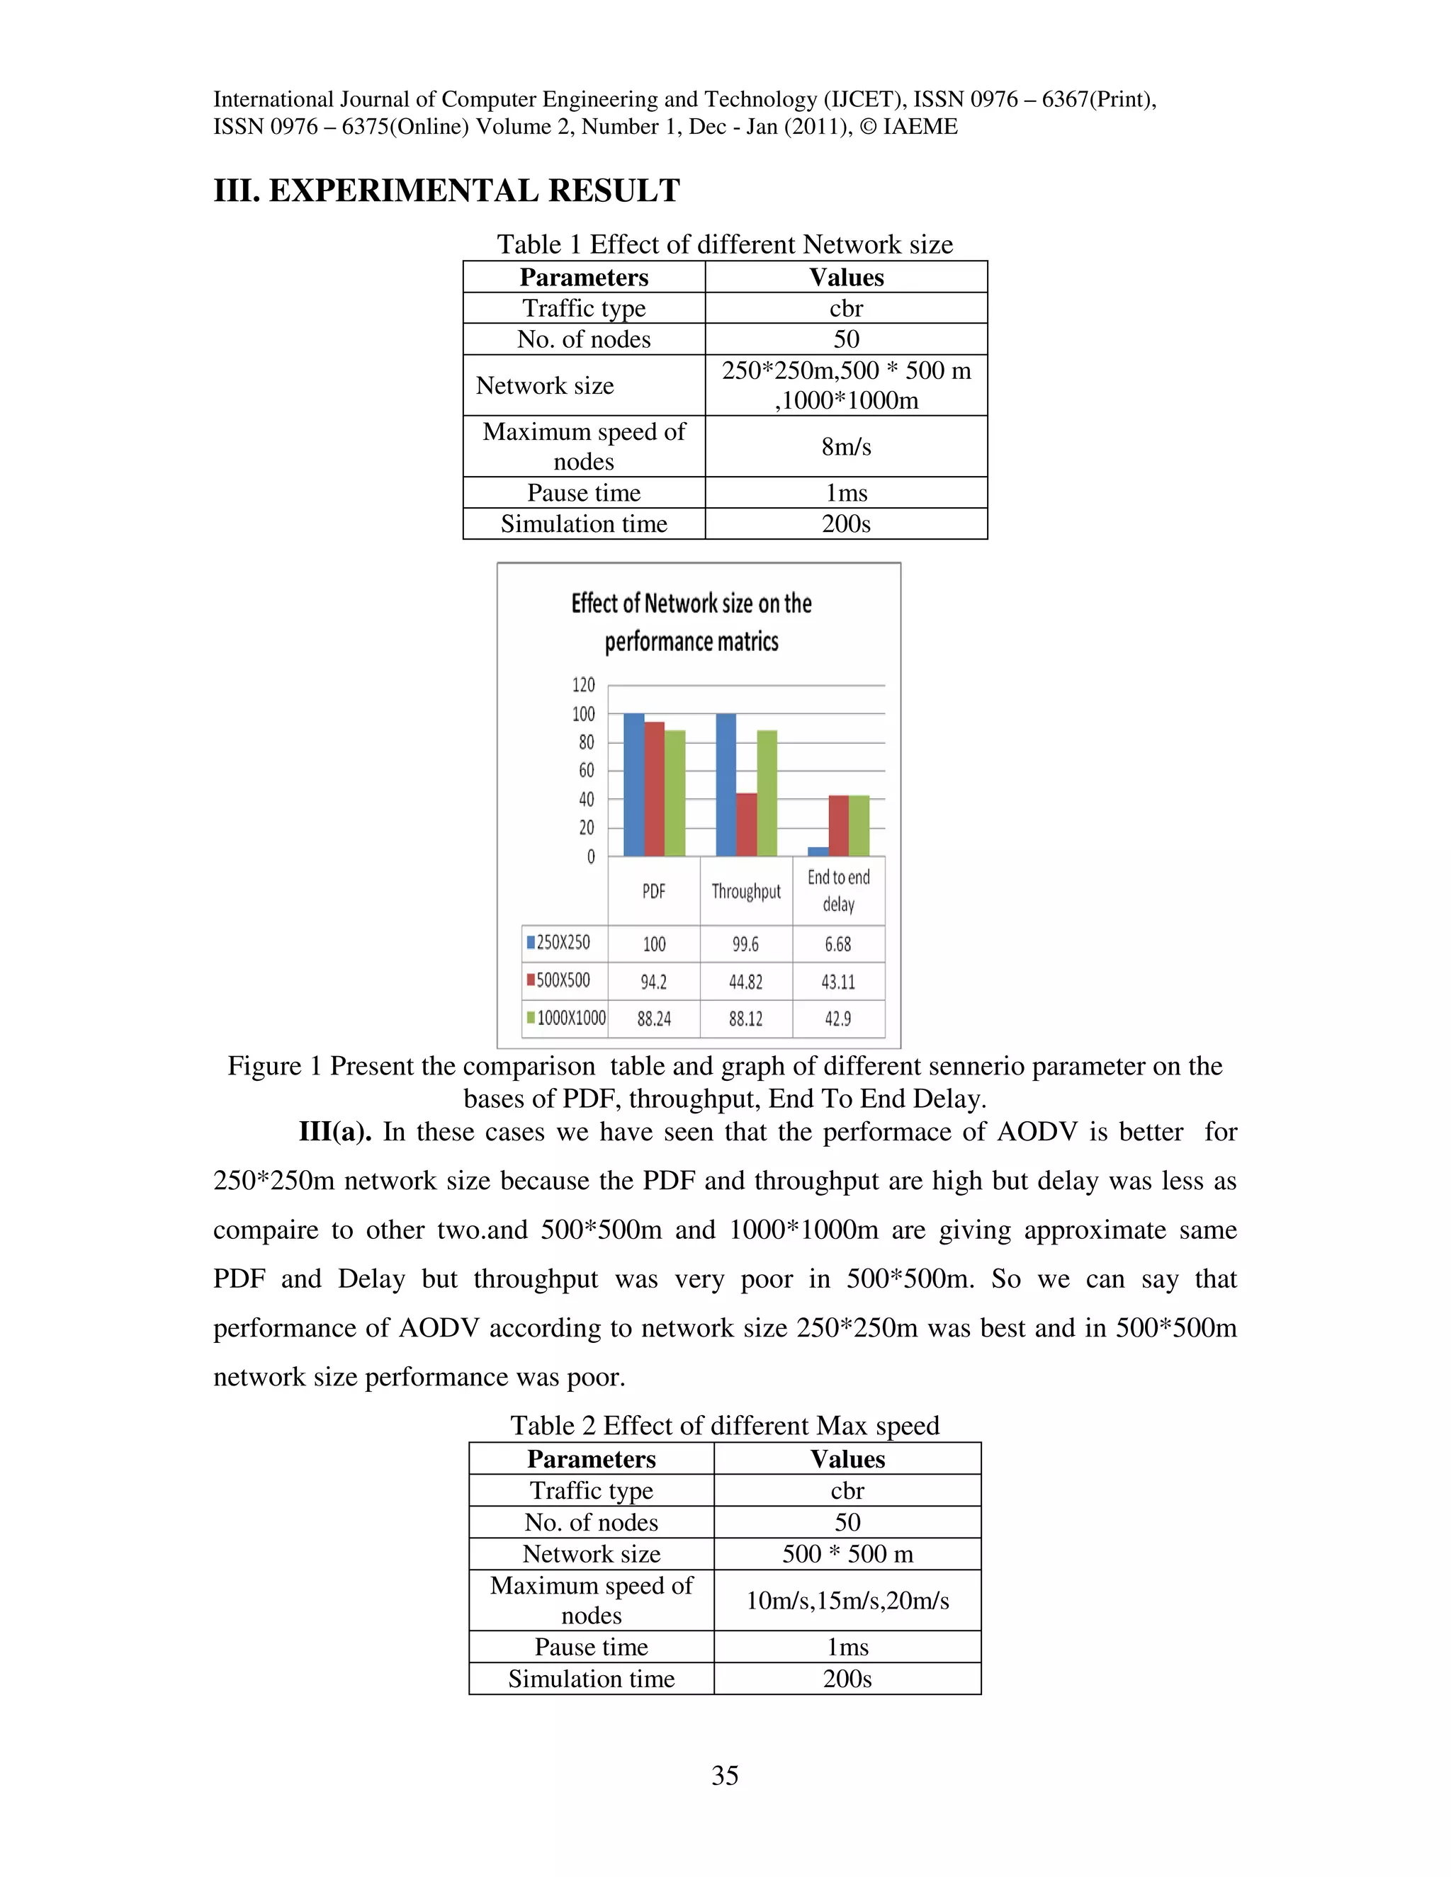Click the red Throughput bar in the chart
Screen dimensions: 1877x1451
pos(746,824)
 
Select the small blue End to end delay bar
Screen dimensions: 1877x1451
pos(818,851)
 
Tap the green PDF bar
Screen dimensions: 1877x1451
pos(674,793)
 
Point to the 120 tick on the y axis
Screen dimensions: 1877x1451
pos(584,685)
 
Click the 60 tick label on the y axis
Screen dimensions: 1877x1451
pos(586,770)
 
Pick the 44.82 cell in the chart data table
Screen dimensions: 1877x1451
pos(745,982)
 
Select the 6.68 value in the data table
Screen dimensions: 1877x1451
pos(837,944)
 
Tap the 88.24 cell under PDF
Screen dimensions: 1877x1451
pos(653,1019)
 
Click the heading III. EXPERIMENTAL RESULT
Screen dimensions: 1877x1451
pos(446,191)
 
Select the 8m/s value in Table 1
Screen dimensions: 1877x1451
pos(846,447)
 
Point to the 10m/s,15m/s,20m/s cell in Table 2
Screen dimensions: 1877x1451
pos(847,1600)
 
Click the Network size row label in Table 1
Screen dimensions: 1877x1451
pos(545,386)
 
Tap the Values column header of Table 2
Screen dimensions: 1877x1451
pos(847,1459)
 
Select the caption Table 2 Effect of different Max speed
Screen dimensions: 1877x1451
pos(725,1426)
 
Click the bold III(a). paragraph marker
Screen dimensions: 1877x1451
pos(335,1132)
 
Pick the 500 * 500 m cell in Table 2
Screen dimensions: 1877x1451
pos(847,1554)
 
